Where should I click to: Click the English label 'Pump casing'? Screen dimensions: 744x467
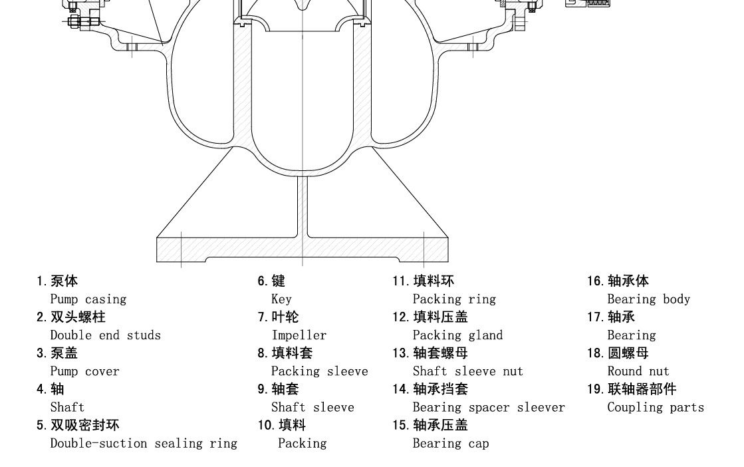pyautogui.click(x=88, y=299)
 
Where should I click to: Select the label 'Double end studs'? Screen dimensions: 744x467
pyautogui.click(x=105, y=335)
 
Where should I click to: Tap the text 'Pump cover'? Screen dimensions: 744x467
pyautogui.click(x=84, y=372)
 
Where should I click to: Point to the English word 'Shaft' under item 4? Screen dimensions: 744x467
pyautogui.click(x=67, y=407)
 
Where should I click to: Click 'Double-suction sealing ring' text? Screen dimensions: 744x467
pyautogui.click(x=144, y=443)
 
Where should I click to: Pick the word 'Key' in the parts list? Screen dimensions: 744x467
pyautogui.click(x=281, y=299)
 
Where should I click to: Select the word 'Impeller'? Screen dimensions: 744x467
pyautogui.click(x=299, y=335)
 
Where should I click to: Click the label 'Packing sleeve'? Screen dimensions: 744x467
pyautogui.click(x=319, y=372)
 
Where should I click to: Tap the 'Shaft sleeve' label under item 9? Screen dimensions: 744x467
pyautogui.click(x=312, y=407)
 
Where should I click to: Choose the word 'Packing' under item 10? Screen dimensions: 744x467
pyautogui.click(x=303, y=443)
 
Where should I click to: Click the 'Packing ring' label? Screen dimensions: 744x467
pyautogui.click(x=454, y=299)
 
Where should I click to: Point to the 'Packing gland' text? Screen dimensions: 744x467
pyautogui.click(x=457, y=335)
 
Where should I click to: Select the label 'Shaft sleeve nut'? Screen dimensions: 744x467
pyautogui.click(x=468, y=371)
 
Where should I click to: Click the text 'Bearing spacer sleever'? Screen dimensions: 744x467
pyautogui.click(x=489, y=408)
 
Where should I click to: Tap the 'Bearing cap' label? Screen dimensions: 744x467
pyautogui.click(x=451, y=444)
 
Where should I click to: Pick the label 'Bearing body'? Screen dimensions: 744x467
pyautogui.click(x=649, y=299)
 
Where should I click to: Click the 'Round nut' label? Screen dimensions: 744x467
pyautogui.click(x=638, y=371)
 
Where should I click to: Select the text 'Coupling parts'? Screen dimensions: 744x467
pyautogui.click(x=656, y=408)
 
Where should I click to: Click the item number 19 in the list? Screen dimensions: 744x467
pyautogui.click(x=595, y=389)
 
